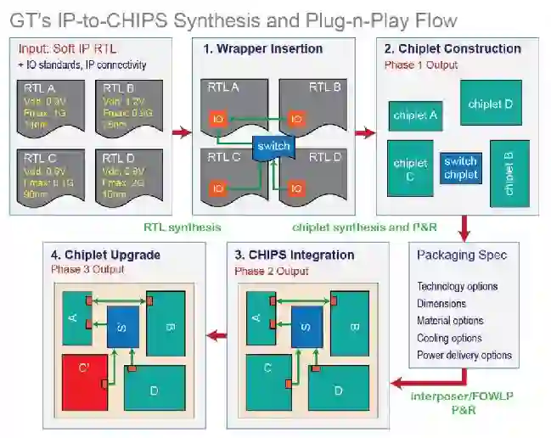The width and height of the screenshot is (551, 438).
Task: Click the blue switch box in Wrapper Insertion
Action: [x=273, y=146]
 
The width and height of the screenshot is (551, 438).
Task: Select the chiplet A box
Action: [x=414, y=115]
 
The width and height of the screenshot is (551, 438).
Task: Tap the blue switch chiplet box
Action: [x=460, y=168]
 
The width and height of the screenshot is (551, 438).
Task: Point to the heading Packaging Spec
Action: [x=462, y=255]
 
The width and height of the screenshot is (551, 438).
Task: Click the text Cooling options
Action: [x=449, y=338]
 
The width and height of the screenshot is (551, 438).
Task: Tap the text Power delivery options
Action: [x=464, y=355]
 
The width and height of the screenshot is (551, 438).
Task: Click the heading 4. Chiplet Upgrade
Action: [x=105, y=255]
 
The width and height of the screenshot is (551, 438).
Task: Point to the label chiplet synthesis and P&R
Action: [x=353, y=227]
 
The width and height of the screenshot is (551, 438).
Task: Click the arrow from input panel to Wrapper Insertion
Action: [x=182, y=132]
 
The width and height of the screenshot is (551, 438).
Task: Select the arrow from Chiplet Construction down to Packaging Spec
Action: [x=464, y=227]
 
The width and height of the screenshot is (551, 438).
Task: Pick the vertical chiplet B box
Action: [x=509, y=174]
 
